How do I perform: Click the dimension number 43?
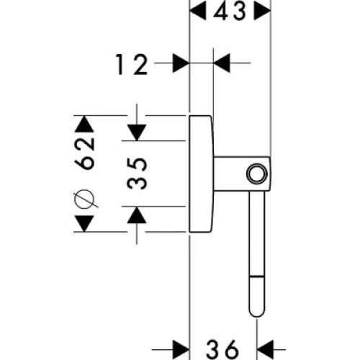(x=230, y=12)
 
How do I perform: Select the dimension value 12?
(x=132, y=64)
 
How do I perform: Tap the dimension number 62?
(x=84, y=154)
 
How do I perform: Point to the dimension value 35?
(x=137, y=174)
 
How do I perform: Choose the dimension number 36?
(x=222, y=350)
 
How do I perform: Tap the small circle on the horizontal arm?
(x=257, y=174)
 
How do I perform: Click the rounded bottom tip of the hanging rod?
(x=257, y=316)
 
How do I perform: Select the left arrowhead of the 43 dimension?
(x=198, y=11)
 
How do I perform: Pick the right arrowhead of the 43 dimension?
(x=263, y=11)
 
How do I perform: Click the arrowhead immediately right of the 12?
(x=181, y=63)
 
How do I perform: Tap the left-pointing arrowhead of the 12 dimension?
(x=222, y=63)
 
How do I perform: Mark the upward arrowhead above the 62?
(x=84, y=124)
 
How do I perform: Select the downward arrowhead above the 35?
(x=137, y=132)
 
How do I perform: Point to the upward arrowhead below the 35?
(x=137, y=215)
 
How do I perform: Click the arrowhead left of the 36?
(x=181, y=350)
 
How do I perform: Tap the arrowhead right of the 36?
(x=265, y=350)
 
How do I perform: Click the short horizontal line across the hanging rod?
(x=257, y=277)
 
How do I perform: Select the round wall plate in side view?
(x=201, y=174)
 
